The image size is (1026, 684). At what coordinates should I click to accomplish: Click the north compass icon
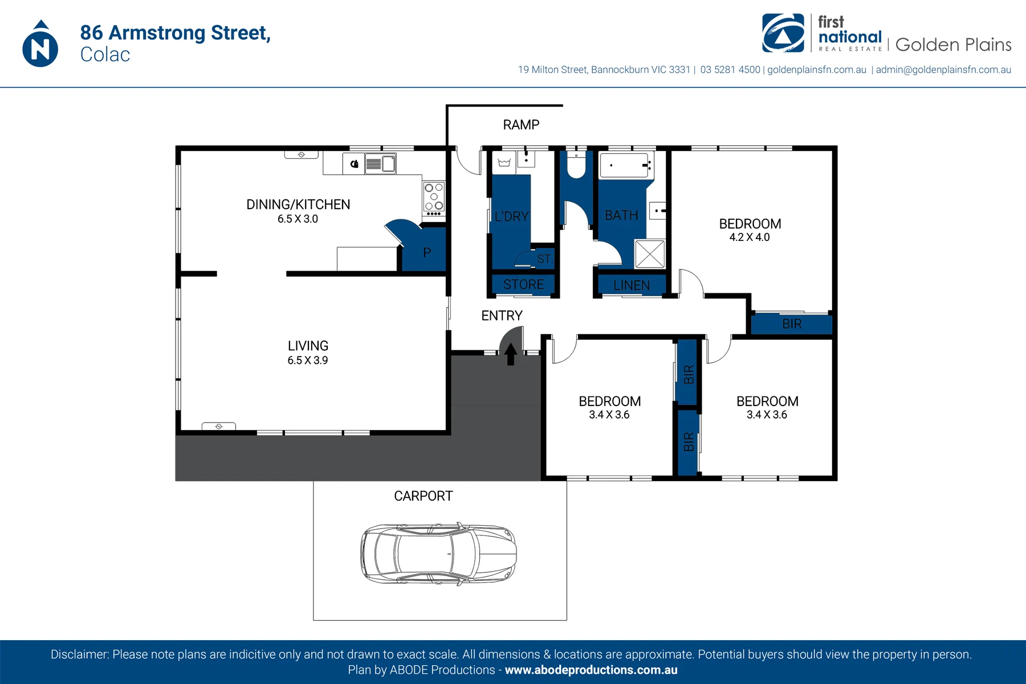point(40,44)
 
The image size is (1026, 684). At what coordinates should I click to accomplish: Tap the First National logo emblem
point(783,33)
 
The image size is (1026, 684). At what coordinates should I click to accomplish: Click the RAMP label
point(521,125)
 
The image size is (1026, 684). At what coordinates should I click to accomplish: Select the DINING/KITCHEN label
point(298,204)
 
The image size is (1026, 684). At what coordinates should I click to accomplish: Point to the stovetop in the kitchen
point(434,198)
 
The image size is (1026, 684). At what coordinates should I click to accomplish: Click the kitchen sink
point(381,164)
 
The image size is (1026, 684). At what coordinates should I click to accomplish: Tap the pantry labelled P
point(424,251)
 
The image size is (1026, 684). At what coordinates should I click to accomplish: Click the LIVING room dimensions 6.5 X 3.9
point(308,360)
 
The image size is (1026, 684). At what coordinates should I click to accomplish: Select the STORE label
point(523,284)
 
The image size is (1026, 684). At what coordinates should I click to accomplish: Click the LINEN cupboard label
point(632,285)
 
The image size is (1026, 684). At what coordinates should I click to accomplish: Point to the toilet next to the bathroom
point(576,165)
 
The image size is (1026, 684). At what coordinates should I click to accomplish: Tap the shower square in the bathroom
point(650,253)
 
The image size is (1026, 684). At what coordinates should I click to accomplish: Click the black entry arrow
point(511,354)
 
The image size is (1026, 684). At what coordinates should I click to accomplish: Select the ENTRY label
point(502,316)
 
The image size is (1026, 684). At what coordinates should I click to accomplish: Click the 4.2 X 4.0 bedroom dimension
point(750,237)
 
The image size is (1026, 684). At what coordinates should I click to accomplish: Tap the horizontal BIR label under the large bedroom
point(792,324)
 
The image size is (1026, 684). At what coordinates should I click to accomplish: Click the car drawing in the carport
point(439,554)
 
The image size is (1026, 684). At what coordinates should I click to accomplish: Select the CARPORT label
point(424,496)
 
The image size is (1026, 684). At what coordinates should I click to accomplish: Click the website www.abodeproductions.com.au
point(591,670)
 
